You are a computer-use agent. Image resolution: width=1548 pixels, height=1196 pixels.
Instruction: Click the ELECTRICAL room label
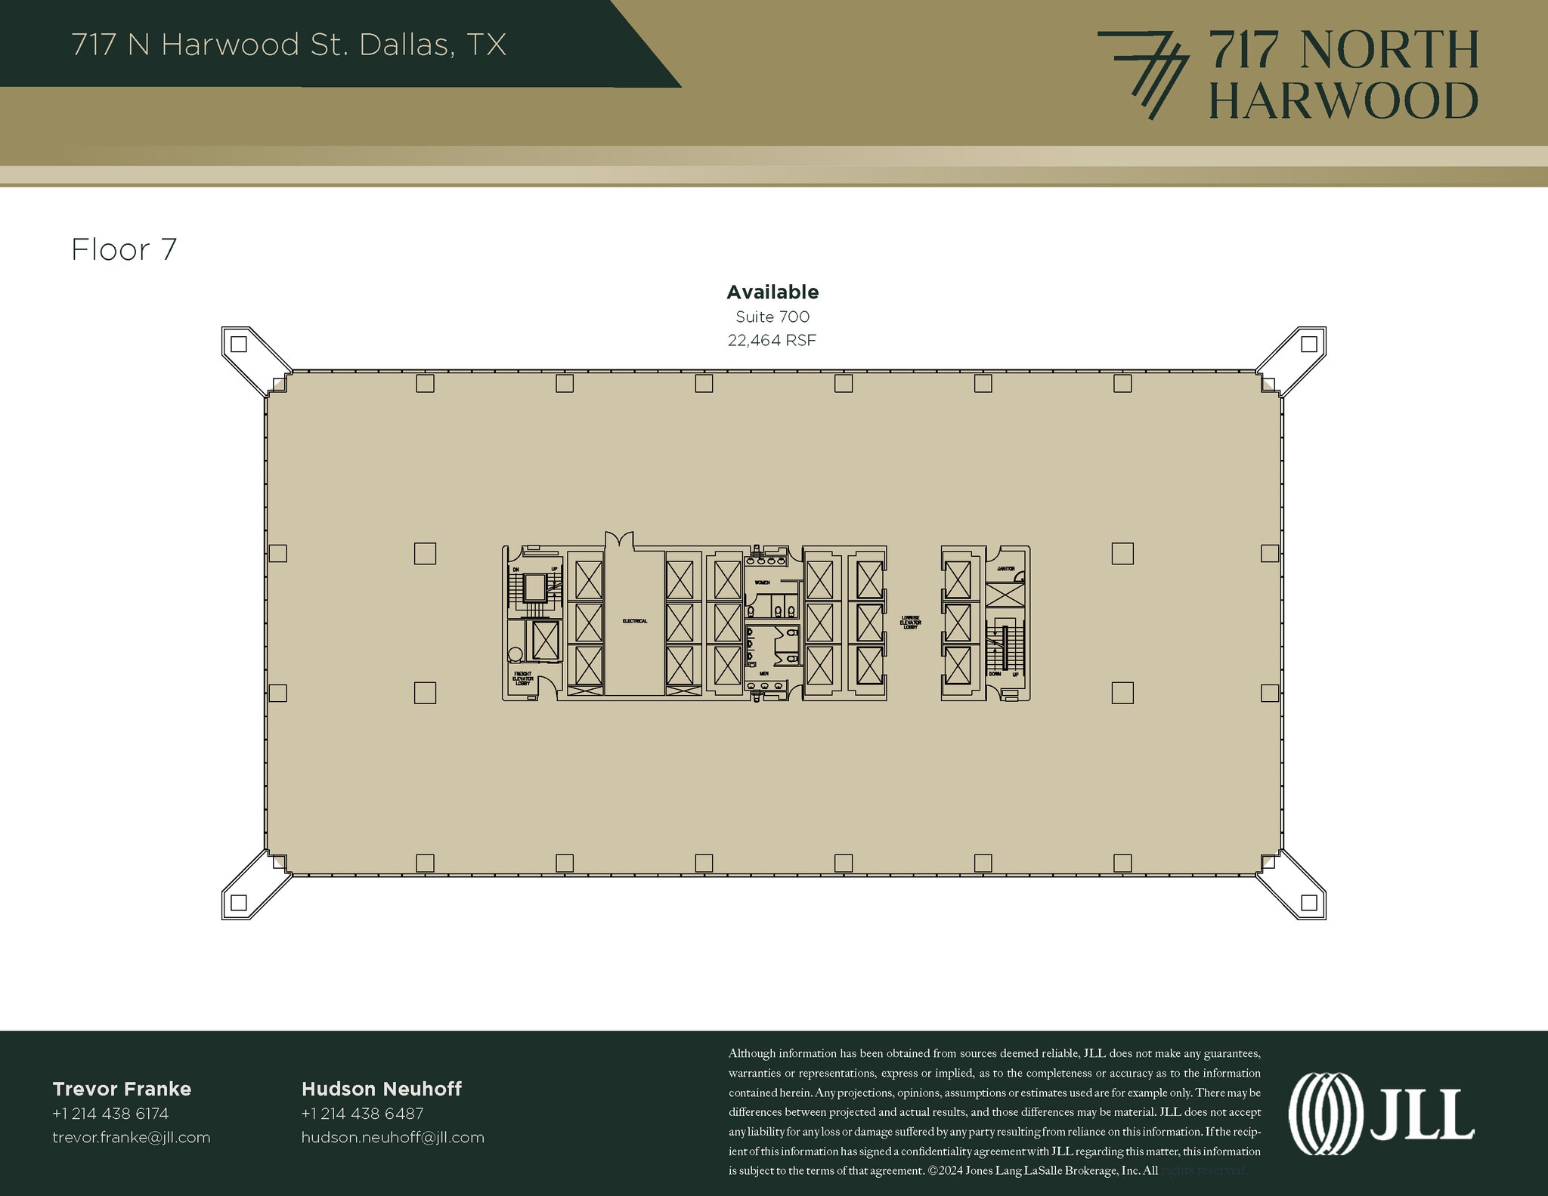tap(635, 621)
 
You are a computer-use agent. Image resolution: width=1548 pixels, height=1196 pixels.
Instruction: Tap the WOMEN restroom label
tap(761, 583)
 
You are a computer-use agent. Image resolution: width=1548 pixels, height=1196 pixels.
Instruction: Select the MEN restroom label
tap(763, 672)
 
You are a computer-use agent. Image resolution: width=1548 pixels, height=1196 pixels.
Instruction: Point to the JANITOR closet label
tap(1005, 568)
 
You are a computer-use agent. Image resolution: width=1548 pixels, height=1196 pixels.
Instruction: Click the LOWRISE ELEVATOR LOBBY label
tap(911, 622)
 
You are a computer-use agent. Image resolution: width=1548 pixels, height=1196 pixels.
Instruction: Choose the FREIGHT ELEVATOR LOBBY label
tap(523, 678)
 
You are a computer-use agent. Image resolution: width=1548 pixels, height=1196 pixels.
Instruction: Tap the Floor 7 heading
tap(124, 250)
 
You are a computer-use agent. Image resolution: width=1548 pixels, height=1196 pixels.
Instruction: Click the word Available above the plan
tap(772, 292)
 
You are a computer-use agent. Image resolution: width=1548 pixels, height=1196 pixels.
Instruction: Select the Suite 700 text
tap(772, 317)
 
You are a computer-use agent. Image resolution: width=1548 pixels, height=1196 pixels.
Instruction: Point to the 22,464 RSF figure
tap(772, 341)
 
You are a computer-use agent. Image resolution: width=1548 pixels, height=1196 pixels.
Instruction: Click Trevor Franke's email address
tap(132, 1138)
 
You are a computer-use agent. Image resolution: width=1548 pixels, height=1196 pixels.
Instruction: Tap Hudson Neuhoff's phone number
tap(362, 1114)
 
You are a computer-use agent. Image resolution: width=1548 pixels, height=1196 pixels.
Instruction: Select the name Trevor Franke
tap(122, 1089)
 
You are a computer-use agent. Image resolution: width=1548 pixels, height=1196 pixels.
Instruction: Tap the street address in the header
tap(289, 45)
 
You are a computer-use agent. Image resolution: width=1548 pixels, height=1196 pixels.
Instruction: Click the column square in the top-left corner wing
tap(239, 345)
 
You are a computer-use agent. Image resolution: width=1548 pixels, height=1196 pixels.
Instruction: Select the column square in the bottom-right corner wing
tap(1309, 902)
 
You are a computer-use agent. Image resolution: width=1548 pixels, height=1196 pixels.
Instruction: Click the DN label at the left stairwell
tap(516, 569)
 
